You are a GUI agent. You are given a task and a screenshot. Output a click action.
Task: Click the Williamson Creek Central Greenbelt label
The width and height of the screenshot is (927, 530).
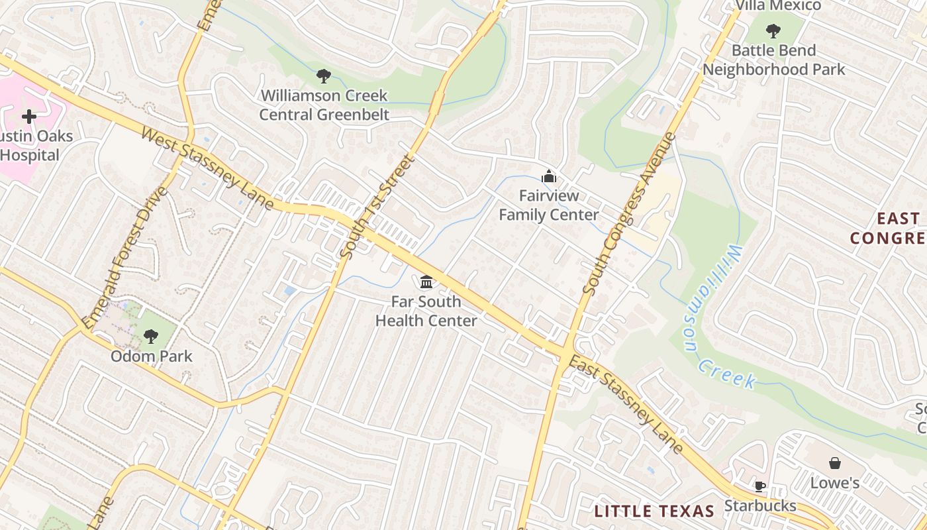323,105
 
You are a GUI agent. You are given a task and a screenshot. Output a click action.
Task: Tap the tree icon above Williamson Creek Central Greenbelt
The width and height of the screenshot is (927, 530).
323,76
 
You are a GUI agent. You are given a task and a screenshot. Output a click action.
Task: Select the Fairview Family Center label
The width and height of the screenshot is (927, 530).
548,205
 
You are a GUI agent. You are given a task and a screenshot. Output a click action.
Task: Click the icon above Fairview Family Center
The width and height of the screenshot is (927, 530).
548,177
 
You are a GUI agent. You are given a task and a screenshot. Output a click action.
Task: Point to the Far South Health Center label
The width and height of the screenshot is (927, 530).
426,311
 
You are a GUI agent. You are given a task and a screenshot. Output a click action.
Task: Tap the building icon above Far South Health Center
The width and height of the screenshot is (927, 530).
426,283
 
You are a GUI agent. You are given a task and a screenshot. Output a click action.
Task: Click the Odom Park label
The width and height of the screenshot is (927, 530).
152,356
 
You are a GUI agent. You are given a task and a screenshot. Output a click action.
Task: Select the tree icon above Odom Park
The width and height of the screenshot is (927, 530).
151,336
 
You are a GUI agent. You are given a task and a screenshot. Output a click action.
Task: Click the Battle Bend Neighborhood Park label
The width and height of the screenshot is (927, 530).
773,60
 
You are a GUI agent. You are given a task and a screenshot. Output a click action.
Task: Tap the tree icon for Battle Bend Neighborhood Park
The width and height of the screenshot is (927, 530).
773,30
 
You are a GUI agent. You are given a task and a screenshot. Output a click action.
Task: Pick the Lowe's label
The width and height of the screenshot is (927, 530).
835,483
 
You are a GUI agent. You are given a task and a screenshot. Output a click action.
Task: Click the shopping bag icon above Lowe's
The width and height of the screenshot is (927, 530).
835,462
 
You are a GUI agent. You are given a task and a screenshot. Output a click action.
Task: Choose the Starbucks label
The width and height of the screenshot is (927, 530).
759,506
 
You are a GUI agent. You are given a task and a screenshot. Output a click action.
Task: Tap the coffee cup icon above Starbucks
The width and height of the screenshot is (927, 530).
759,487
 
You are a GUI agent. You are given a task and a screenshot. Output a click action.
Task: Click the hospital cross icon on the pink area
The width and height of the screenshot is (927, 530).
29,117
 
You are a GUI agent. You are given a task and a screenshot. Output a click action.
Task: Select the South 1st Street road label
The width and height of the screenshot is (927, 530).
375,207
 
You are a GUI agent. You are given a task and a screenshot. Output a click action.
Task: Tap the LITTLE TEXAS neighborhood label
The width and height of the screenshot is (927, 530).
654,511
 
